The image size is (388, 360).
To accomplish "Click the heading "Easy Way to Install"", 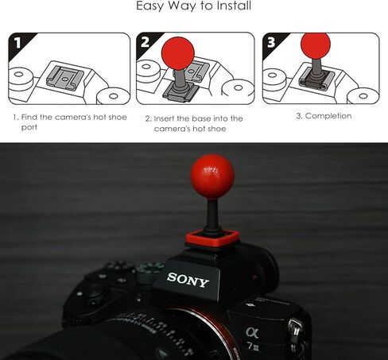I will point(194,7).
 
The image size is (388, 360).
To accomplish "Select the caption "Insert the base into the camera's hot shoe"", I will point(193,123).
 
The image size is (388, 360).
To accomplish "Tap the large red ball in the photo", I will point(211,175).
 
